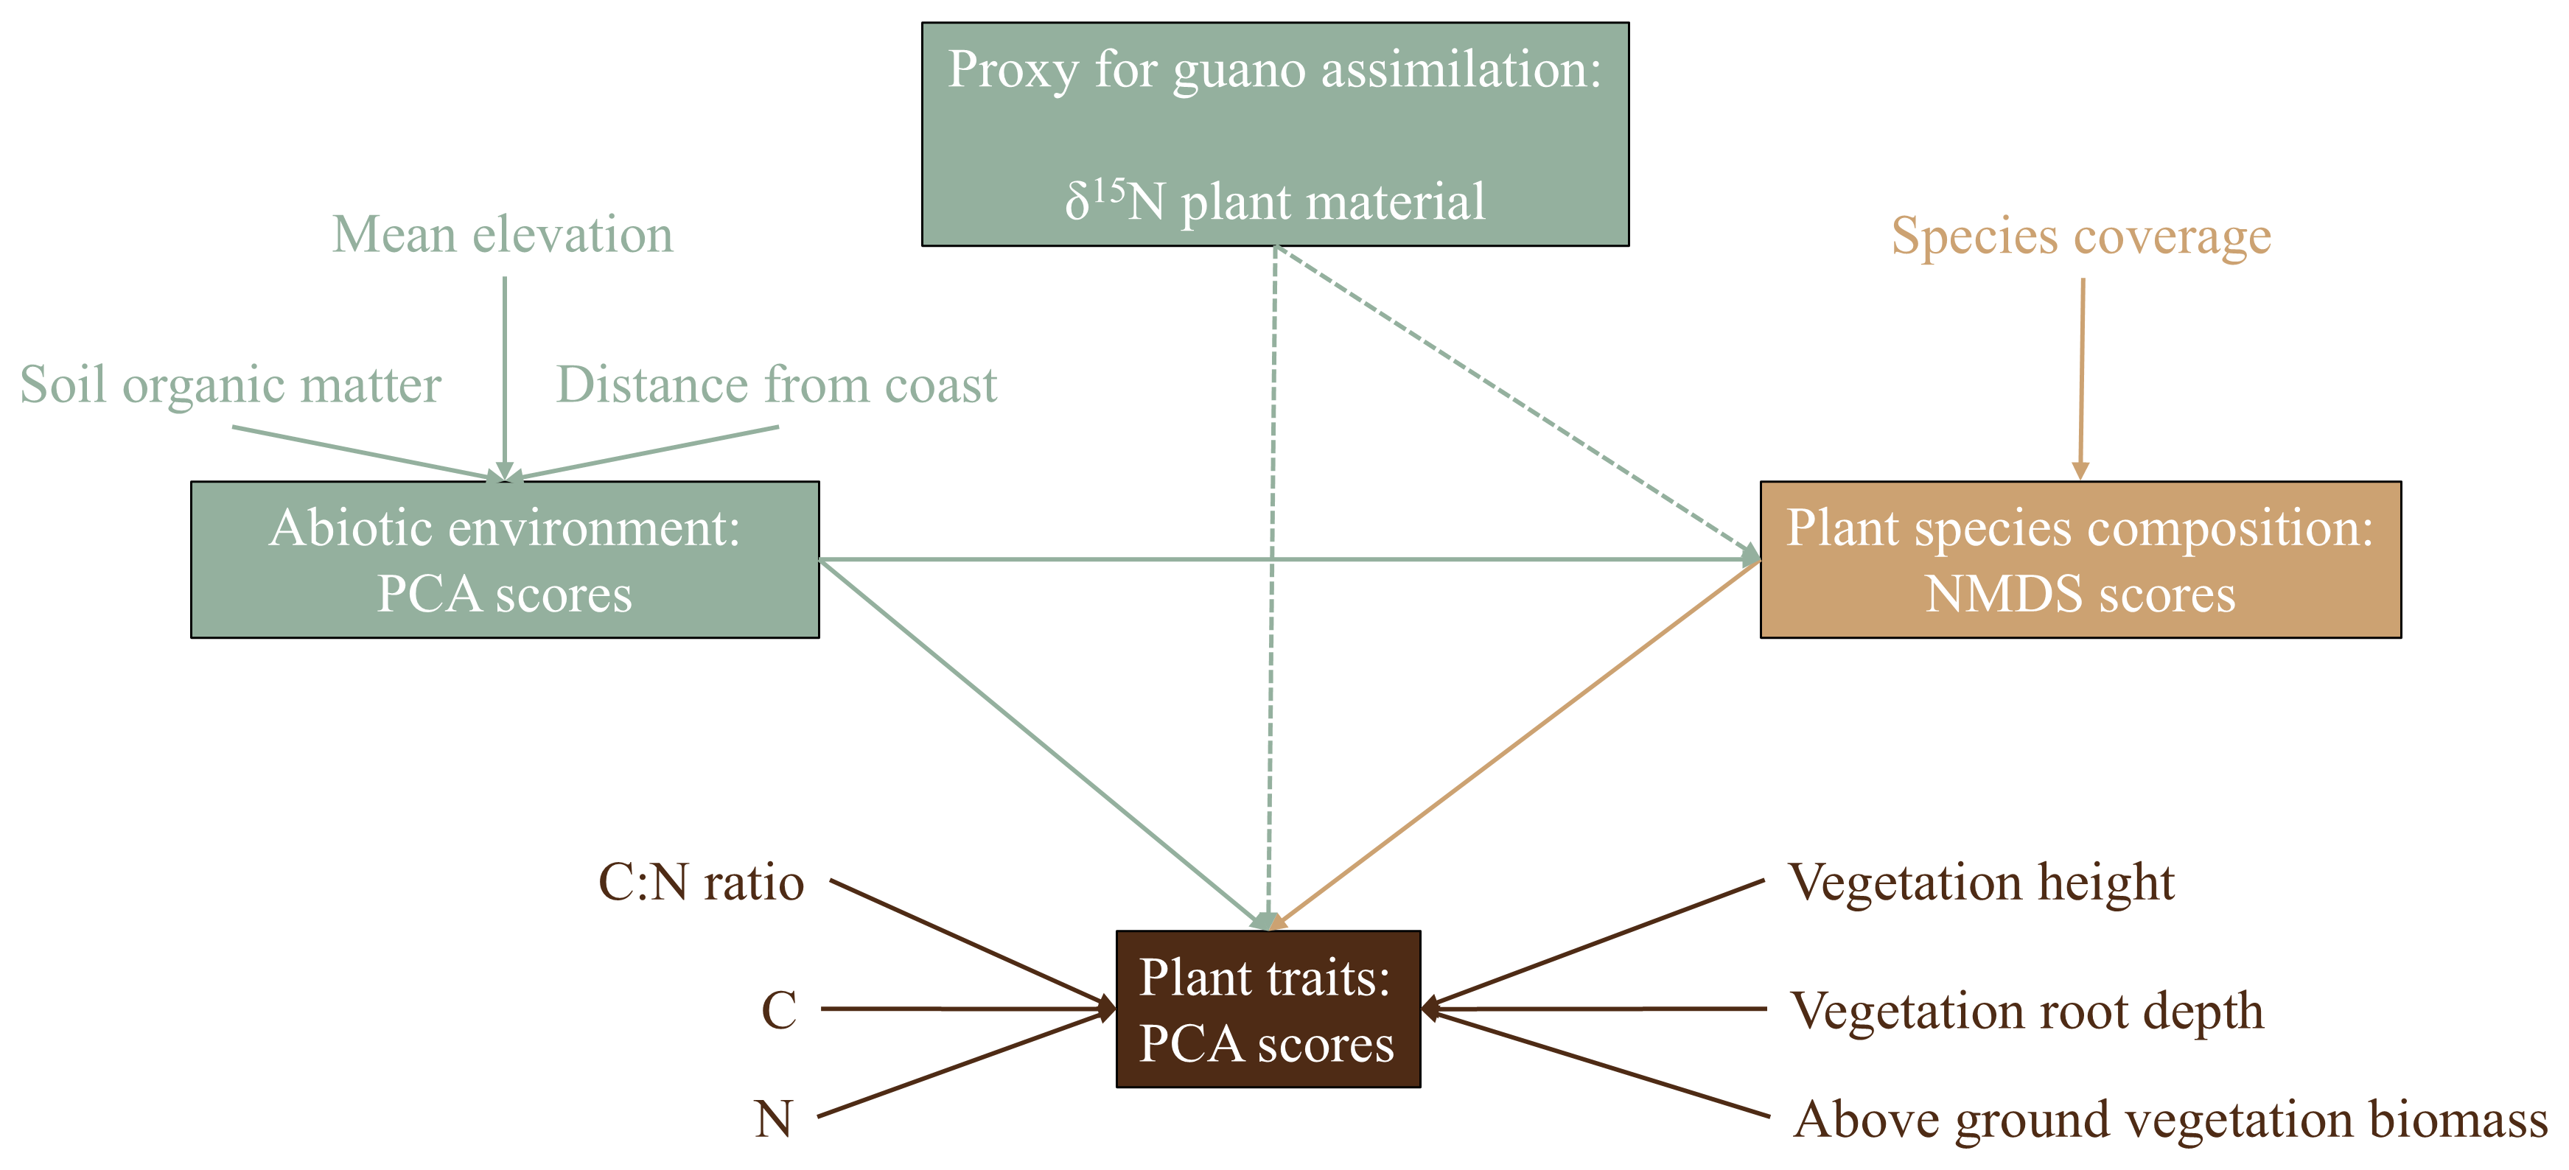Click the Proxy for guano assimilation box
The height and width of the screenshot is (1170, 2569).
(1274, 133)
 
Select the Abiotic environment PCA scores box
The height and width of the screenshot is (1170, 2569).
(505, 559)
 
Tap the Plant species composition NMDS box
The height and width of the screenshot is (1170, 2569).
(2080, 559)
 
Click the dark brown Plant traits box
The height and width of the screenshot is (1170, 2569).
(1268, 1009)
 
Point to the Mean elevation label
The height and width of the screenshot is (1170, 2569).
(503, 235)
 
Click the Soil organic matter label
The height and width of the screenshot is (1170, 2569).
(231, 385)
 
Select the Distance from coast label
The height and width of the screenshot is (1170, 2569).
(776, 385)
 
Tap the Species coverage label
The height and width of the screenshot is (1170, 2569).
(2081, 237)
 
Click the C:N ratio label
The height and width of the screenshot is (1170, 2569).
(701, 883)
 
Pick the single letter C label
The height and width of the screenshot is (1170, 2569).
(779, 1010)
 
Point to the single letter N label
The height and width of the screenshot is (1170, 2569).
(774, 1119)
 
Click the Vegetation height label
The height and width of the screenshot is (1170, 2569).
(1981, 883)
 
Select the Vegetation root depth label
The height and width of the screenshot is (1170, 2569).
(2027, 1010)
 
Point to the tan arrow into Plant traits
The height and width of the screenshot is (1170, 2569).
(1516, 743)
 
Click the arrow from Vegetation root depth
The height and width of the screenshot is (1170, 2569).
(1595, 1009)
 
